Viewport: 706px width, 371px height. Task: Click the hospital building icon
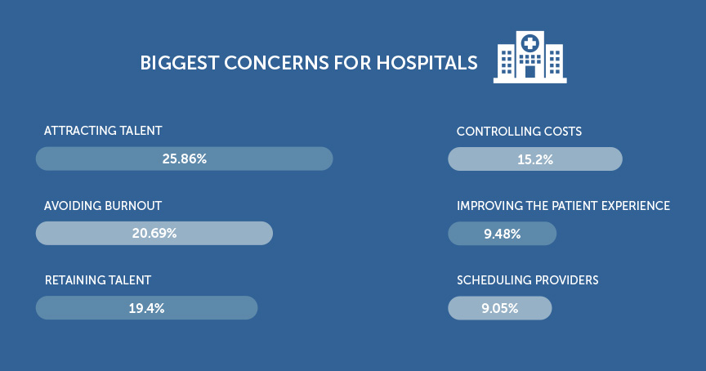529,57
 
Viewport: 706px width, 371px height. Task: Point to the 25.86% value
184,159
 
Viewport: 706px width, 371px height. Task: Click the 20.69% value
154,234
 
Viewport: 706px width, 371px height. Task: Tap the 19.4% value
146,308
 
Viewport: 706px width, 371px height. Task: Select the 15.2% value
535,159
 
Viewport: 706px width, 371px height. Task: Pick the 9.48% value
502,234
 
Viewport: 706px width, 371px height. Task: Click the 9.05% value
500,308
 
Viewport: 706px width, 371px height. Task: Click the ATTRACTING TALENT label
103,131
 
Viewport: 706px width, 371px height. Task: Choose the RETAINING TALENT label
97,280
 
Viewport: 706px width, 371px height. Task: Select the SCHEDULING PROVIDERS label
527,280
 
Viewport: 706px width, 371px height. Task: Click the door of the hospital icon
529,72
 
